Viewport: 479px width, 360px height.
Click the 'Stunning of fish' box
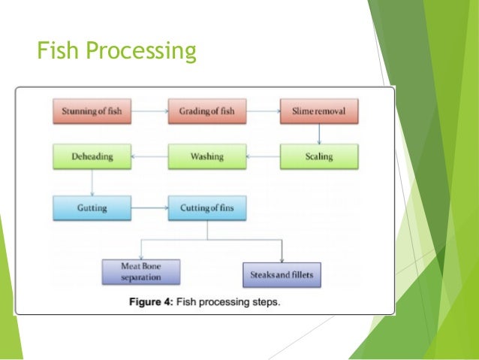click(92, 111)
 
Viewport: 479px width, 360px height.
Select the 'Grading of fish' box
click(206, 111)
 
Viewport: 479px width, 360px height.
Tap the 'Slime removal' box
click(319, 111)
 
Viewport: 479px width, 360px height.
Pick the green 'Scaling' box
click(319, 157)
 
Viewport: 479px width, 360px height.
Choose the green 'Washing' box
click(206, 157)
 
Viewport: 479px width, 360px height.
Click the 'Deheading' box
click(92, 157)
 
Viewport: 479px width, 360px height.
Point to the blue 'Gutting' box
click(92, 206)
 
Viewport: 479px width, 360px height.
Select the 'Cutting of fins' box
click(206, 206)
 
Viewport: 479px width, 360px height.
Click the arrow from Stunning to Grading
click(149, 111)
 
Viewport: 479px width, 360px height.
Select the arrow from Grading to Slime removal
click(263, 111)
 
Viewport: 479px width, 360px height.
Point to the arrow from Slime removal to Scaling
click(320, 134)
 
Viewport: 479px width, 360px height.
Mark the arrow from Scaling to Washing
click(263, 157)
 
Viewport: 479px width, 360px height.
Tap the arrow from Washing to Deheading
click(149, 157)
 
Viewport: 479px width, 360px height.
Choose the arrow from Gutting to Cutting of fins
click(149, 206)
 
